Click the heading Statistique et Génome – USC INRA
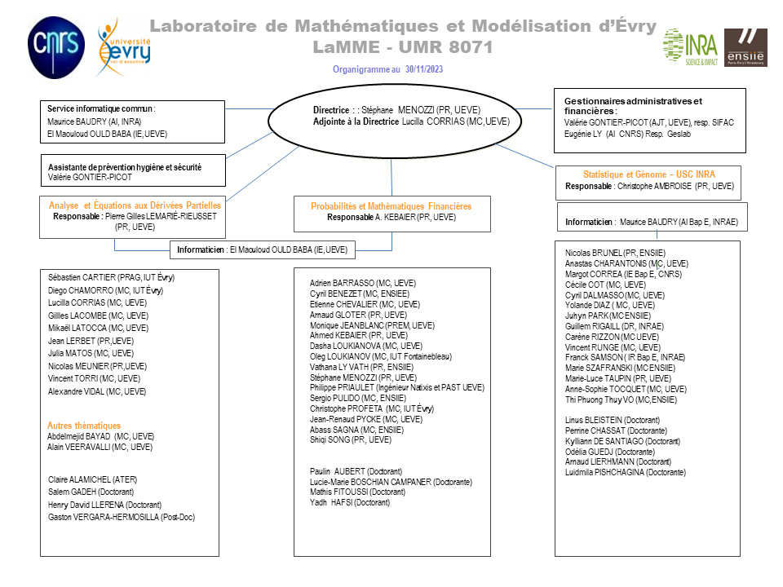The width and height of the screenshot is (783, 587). pos(649,174)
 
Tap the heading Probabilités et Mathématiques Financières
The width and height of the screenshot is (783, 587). pos(391,206)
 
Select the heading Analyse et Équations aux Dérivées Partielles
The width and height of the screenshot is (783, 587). pos(135,205)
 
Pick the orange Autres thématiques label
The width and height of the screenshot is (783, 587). pos(84,426)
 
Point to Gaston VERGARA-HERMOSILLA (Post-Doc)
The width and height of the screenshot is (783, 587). pos(122,517)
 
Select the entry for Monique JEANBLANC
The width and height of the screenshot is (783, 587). pos(361,324)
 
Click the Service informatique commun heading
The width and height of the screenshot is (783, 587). pos(101,108)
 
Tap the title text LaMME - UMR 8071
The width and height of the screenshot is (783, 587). pos(403,47)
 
